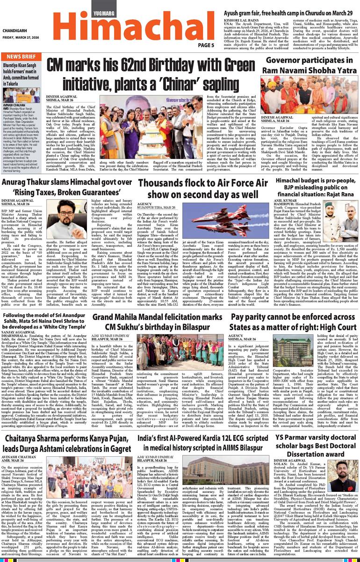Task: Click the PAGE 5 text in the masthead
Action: [x=206, y=45]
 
